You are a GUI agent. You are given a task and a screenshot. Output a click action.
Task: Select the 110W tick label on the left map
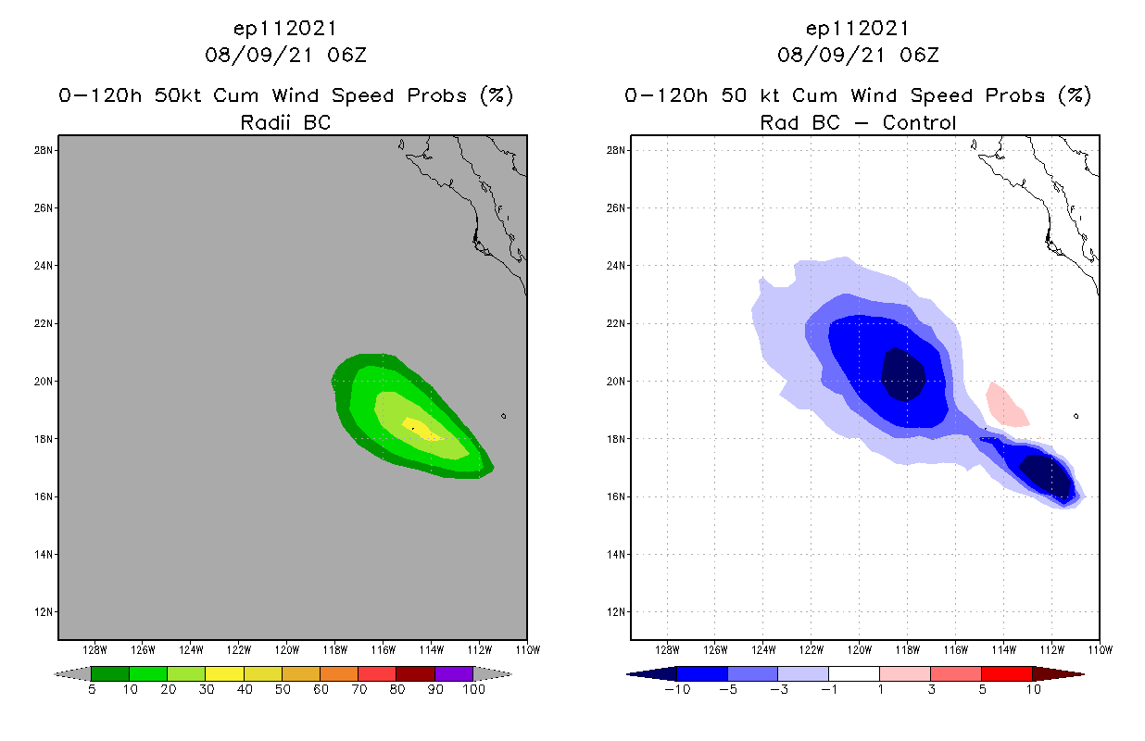[527, 648]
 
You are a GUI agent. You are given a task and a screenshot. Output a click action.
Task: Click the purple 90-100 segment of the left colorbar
[454, 673]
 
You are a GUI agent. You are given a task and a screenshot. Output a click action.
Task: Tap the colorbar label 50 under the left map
[282, 689]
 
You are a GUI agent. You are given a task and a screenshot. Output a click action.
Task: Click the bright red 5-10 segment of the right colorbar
[1006, 673]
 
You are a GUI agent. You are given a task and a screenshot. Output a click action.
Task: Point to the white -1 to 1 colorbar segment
[854, 673]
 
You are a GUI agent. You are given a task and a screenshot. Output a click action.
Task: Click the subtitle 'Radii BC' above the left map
[285, 122]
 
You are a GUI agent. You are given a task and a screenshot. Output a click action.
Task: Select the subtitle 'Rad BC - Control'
[858, 122]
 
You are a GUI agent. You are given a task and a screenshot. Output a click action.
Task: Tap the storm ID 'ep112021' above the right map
[858, 28]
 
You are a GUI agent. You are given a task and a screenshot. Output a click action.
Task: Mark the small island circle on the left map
[503, 416]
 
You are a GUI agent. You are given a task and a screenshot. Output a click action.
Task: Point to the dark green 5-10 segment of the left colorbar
[110, 673]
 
